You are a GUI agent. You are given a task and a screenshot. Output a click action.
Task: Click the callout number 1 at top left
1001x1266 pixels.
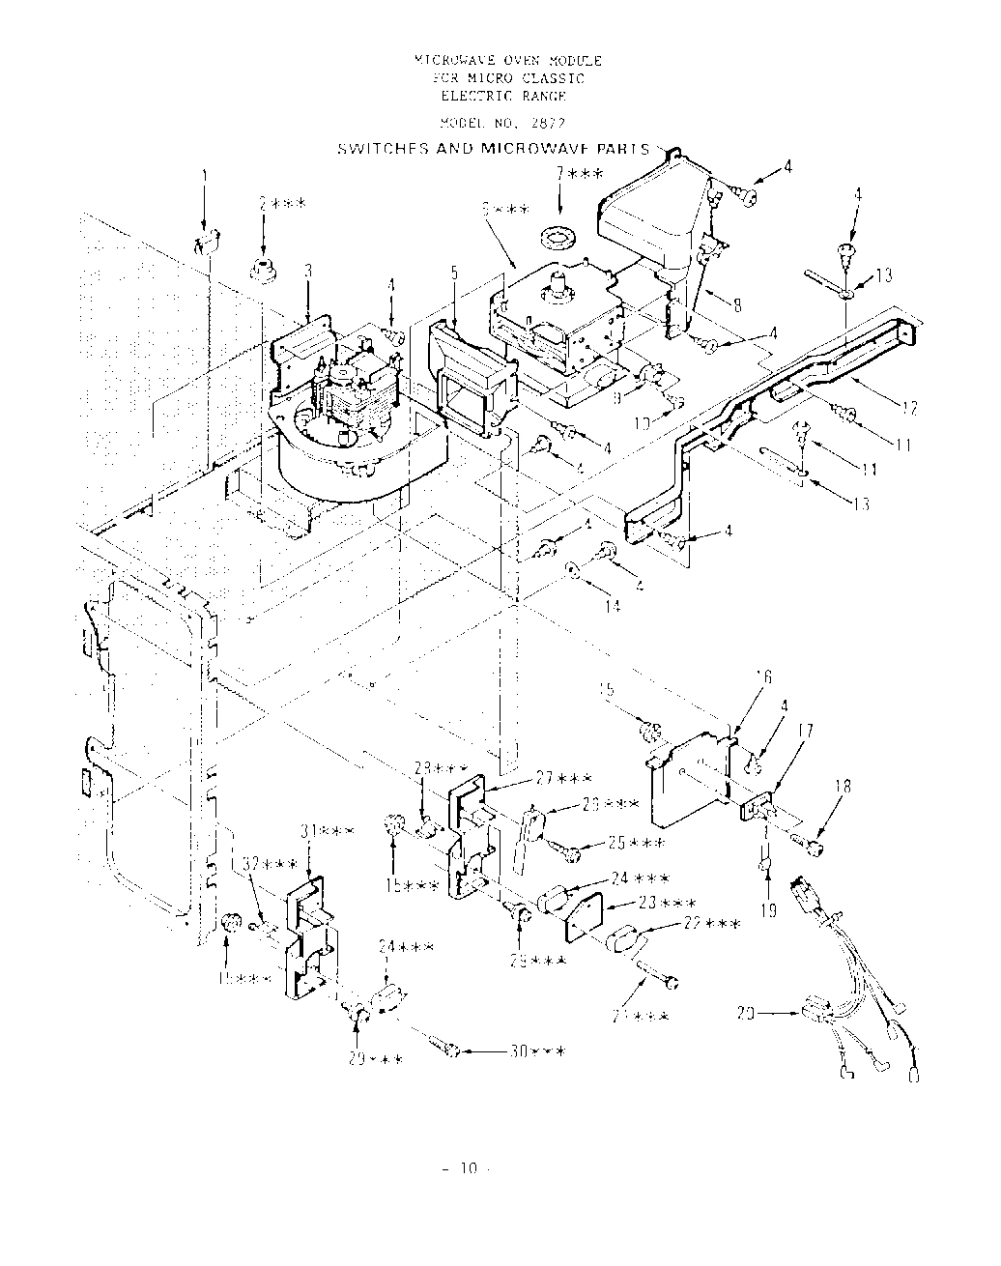coord(204,177)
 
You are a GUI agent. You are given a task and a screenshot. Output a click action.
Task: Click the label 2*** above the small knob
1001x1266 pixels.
coord(282,204)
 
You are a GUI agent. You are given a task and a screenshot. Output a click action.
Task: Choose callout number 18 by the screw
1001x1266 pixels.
coord(844,788)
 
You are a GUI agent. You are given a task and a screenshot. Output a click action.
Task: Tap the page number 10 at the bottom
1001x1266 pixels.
coord(469,1168)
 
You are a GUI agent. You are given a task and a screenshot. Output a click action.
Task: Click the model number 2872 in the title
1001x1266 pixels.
coord(547,125)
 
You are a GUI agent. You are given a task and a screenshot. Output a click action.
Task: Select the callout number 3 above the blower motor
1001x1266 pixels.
coord(307,273)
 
